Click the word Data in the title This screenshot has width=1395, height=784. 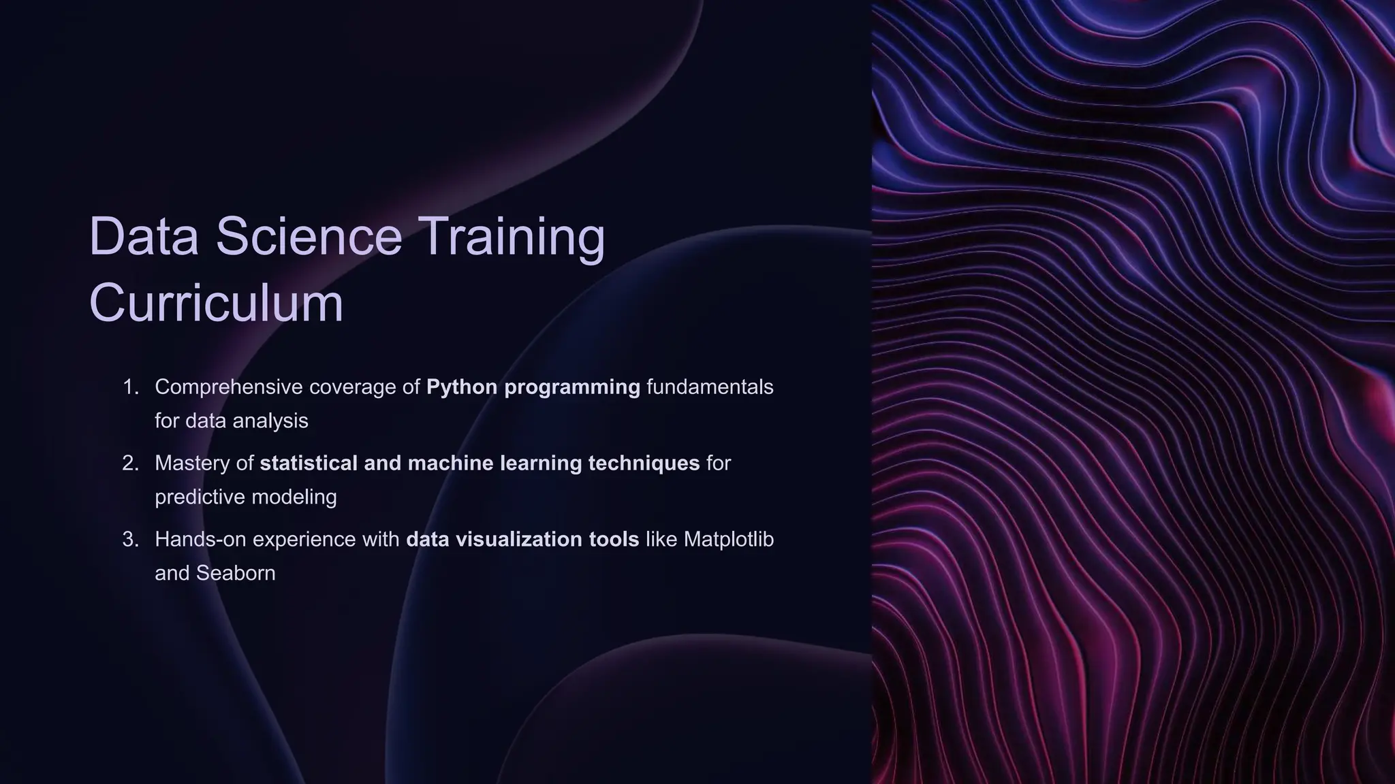[144, 236]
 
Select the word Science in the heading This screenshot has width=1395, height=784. [309, 236]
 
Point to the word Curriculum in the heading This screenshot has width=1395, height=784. [216, 303]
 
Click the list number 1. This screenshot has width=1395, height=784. [129, 387]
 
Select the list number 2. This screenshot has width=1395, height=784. [129, 463]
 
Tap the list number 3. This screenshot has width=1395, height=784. [129, 540]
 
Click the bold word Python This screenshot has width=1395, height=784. [462, 388]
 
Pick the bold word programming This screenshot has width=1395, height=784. [572, 388]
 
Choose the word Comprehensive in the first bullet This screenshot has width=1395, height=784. [228, 388]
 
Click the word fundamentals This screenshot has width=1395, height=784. [710, 387]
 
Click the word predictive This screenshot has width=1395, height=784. [200, 497]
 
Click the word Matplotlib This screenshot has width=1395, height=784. [728, 540]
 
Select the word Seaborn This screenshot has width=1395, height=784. [236, 573]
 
